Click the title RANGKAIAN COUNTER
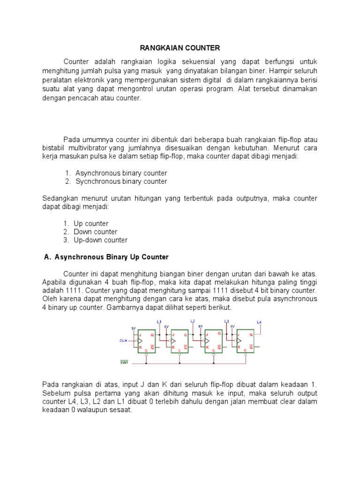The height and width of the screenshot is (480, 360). [180, 48]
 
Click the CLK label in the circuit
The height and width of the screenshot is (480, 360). [123, 341]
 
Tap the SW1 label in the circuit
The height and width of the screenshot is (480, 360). [124, 362]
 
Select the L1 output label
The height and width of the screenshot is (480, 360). [159, 322]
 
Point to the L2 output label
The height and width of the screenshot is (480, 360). [192, 321]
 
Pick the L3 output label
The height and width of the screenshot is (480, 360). [226, 322]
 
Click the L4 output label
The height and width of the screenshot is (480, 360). [260, 322]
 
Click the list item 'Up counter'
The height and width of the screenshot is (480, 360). [91, 224]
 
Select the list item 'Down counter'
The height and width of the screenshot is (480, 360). [96, 232]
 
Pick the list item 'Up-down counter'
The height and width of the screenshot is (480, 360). [100, 240]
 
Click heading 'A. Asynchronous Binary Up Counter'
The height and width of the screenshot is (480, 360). [106, 257]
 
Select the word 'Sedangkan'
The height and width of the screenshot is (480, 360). [59, 199]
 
